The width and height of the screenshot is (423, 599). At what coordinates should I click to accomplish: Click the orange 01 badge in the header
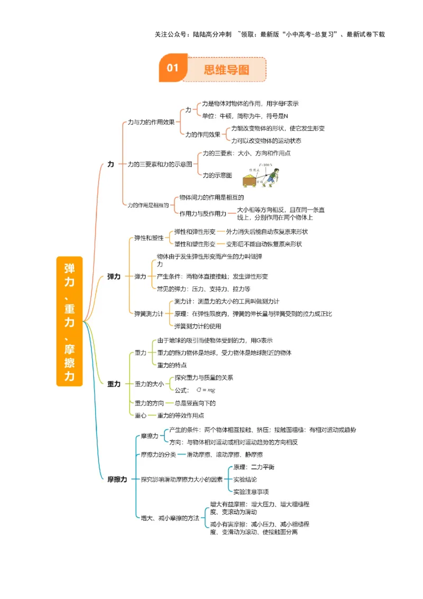tap(173, 68)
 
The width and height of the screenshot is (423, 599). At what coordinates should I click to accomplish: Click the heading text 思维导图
tap(226, 69)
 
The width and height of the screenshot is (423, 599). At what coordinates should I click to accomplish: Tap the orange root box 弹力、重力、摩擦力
tap(69, 321)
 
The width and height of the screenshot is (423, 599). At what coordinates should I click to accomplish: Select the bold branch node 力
tap(111, 165)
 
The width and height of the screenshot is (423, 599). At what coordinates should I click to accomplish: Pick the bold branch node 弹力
tap(114, 276)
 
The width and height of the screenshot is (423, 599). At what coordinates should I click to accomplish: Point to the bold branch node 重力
tap(114, 384)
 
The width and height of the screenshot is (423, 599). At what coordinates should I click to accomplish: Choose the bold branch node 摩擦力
tap(117, 479)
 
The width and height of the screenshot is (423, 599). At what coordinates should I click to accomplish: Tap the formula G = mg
tap(205, 390)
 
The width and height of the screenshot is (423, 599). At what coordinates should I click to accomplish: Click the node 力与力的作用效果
tap(151, 122)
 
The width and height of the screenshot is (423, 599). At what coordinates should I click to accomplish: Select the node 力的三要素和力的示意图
tap(160, 165)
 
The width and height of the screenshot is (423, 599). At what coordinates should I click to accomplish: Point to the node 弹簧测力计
tap(149, 314)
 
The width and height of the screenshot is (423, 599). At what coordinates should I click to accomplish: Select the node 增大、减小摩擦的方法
tap(170, 518)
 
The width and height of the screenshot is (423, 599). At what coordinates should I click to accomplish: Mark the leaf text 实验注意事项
tap(251, 492)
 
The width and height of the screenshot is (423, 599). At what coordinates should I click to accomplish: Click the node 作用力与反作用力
tap(203, 213)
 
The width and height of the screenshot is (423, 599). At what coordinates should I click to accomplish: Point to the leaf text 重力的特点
tap(172, 365)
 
